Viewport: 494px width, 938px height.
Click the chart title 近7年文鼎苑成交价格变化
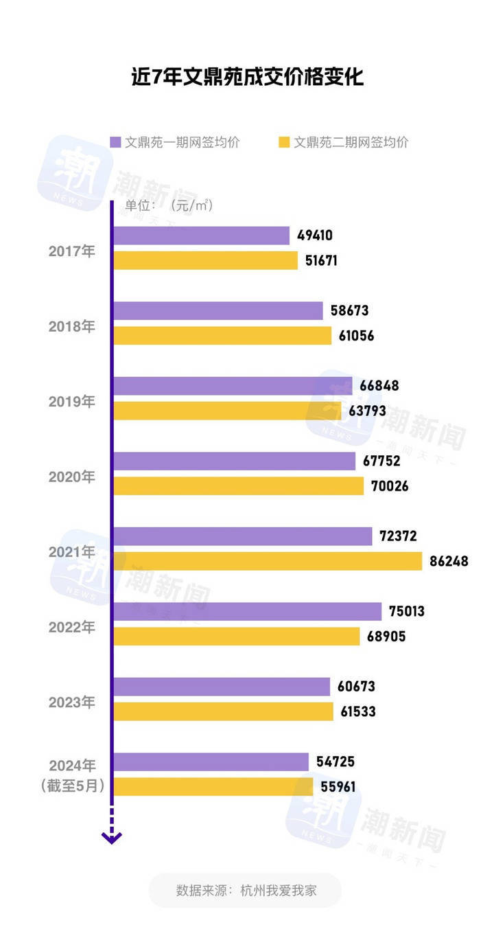pyautogui.click(x=247, y=77)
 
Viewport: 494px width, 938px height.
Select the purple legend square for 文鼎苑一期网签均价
pyautogui.click(x=116, y=142)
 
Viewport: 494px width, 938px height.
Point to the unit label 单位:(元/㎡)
pyautogui.click(x=169, y=205)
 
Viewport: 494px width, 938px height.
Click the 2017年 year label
pyautogui.click(x=72, y=251)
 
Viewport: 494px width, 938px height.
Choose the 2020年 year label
pyautogui.click(x=72, y=476)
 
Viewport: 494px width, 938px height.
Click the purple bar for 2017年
pyautogui.click(x=201, y=236)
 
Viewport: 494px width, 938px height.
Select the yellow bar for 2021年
pyautogui.click(x=268, y=561)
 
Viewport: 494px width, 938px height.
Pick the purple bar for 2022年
pyautogui.click(x=247, y=611)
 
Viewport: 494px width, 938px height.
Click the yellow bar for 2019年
pyautogui.click(x=227, y=411)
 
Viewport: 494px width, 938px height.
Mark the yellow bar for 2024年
pyautogui.click(x=213, y=787)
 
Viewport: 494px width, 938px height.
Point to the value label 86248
pyautogui.click(x=449, y=561)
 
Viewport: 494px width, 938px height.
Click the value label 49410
pyautogui.click(x=315, y=236)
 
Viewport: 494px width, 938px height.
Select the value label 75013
pyautogui.click(x=409, y=611)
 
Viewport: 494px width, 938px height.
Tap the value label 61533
pyautogui.click(x=358, y=711)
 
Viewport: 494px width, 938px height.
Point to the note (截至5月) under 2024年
pyautogui.click(x=72, y=786)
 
